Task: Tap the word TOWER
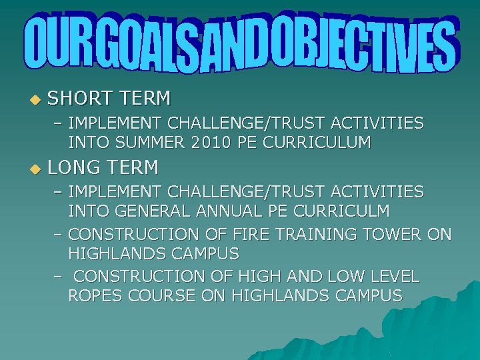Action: pos(393,235)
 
